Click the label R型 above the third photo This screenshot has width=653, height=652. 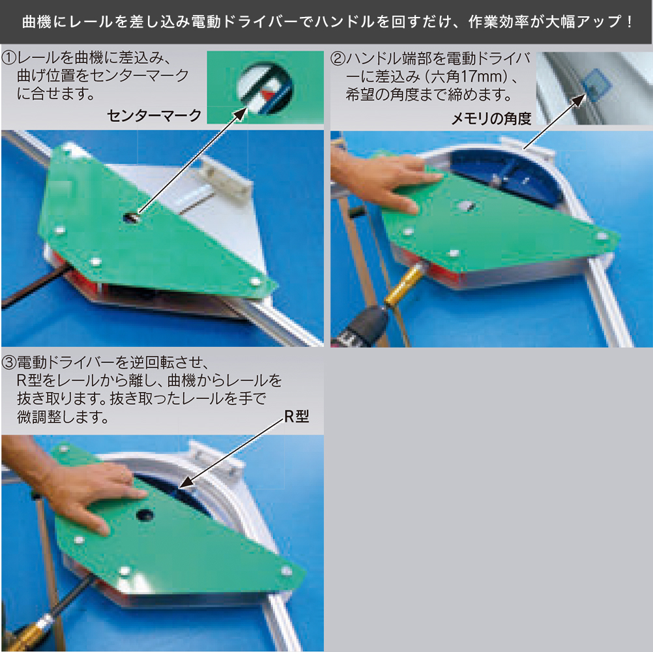[x=297, y=417]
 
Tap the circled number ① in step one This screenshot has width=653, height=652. [x=10, y=58]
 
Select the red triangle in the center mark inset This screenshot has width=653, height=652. [x=267, y=95]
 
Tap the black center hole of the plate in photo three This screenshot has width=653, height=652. [x=145, y=514]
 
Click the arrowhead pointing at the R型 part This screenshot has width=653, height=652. [x=185, y=483]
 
